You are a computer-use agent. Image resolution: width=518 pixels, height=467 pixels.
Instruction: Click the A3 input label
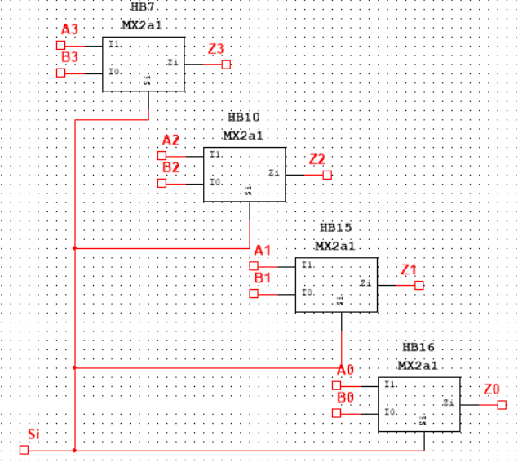pos(69,30)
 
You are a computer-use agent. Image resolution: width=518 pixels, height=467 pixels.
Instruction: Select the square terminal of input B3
pos(60,73)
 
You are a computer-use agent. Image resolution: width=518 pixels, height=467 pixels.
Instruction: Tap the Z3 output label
pos(215,50)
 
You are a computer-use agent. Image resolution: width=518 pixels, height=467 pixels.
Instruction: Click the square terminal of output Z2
pos(327,175)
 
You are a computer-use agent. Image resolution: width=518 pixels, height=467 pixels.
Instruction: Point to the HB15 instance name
pos(335,228)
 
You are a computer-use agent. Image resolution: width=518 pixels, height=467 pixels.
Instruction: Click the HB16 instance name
pos(418,348)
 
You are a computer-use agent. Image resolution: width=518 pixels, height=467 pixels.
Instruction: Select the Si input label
pos(33,433)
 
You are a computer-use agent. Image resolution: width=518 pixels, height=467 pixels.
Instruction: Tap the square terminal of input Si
pos(24,450)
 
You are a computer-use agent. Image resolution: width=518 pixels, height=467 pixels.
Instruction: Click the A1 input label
pos(263,249)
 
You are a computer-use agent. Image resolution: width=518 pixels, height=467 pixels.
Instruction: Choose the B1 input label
pos(263,278)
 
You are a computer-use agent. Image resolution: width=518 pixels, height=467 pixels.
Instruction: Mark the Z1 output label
pos(409,269)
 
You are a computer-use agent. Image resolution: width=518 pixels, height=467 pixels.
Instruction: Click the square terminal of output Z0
pos(502,403)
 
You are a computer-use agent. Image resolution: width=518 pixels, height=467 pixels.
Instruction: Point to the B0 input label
pos(345,398)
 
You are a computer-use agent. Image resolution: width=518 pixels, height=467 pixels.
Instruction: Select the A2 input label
pos(170,140)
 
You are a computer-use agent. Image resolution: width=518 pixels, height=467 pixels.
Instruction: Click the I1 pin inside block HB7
pos(114,44)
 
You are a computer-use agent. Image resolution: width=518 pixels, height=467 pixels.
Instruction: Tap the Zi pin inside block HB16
pos(448,403)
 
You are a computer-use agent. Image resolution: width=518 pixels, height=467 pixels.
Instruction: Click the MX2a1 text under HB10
pos(243,136)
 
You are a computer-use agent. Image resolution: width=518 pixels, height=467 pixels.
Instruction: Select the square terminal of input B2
pos(162,183)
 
